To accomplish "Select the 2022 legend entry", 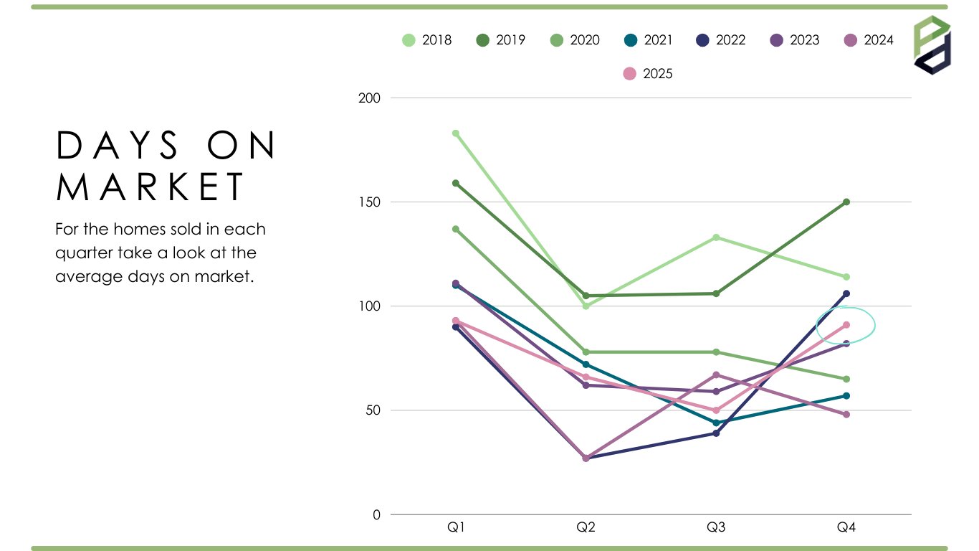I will [721, 40].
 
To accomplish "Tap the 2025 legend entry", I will [648, 73].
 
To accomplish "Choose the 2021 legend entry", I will [648, 40].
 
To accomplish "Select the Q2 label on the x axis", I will [586, 528].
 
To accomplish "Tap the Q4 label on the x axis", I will [846, 528].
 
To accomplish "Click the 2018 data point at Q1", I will [456, 133].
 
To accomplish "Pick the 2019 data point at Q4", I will [846, 202].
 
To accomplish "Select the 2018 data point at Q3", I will [716, 237].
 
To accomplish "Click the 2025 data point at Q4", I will [846, 325].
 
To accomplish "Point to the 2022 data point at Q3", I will [716, 433].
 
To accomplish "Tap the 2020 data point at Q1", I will [456, 229].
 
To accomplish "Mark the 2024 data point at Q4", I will [846, 415].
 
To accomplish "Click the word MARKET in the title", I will [151, 187].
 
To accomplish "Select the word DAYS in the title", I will [118, 146].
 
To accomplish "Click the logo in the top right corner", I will [932, 44].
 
